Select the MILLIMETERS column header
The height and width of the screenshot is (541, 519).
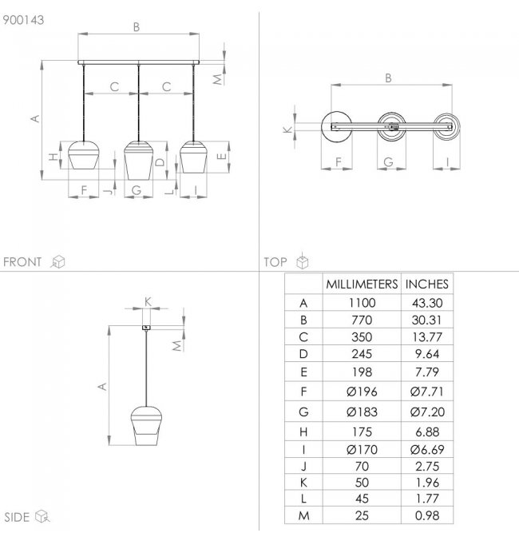(x=361, y=284)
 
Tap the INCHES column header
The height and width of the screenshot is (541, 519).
(x=427, y=284)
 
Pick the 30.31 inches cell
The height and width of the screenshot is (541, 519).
(x=427, y=320)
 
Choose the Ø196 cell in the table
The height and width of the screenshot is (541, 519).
(x=362, y=392)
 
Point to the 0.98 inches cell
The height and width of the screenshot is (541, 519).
(x=427, y=515)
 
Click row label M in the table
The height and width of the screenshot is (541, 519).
(x=303, y=515)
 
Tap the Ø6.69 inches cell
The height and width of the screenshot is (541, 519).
(x=427, y=449)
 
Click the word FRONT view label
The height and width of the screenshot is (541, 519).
(x=22, y=262)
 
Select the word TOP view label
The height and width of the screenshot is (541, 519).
(x=275, y=262)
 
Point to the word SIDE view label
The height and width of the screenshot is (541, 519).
(x=17, y=517)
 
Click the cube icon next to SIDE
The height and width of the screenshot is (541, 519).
(x=42, y=517)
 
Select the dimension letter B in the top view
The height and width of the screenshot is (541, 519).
(x=389, y=78)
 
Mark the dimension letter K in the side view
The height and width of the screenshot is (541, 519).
(x=148, y=300)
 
